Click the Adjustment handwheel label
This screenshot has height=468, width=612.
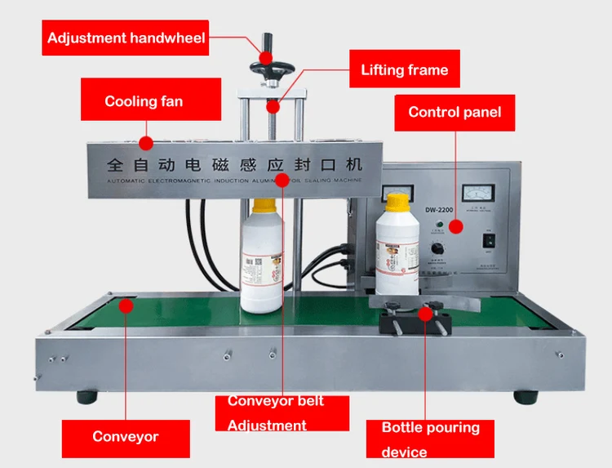point(126,38)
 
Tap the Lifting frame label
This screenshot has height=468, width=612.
point(405,69)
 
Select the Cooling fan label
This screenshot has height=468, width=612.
point(144,102)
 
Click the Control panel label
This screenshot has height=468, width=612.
point(455,113)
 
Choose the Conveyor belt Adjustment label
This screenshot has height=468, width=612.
point(275,413)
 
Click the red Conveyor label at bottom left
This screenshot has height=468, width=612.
point(125,437)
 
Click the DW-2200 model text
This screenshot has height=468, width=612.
point(438,208)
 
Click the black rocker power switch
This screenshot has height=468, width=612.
point(490,241)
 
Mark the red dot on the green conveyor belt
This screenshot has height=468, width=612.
point(126,305)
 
